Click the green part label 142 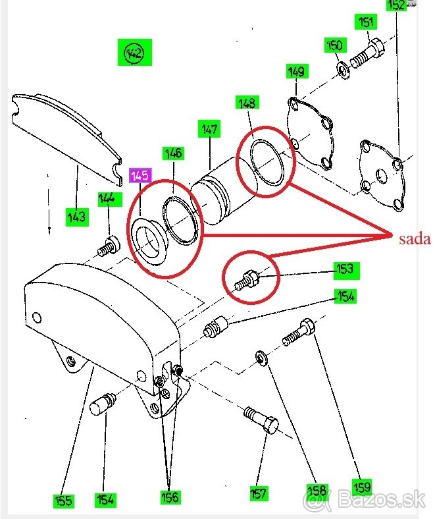tap(134, 52)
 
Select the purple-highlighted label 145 tap(141, 175)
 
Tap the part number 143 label tap(77, 216)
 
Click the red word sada tap(415, 239)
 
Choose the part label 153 tap(344, 269)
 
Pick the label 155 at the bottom tap(63, 501)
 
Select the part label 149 tap(297, 72)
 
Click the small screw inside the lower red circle tap(247, 280)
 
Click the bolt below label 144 tap(107, 247)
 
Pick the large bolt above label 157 tap(262, 420)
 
